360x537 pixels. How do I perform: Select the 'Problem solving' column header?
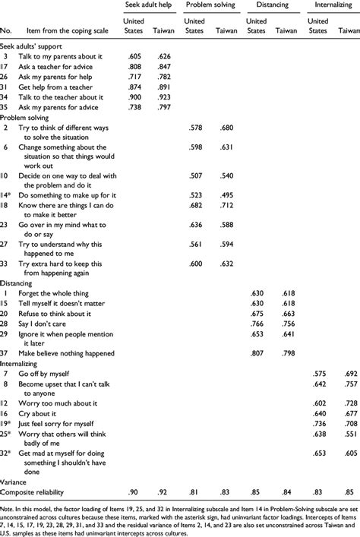[x=210, y=5]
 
